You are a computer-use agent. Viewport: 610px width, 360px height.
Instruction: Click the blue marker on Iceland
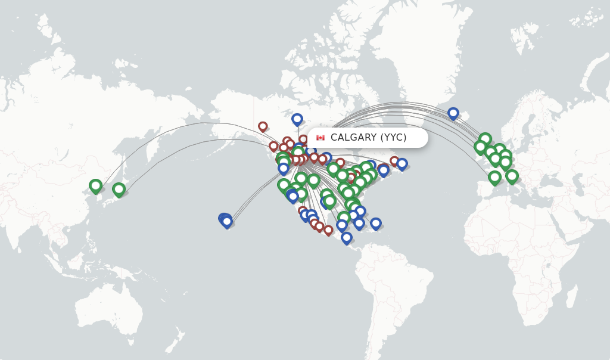(453, 113)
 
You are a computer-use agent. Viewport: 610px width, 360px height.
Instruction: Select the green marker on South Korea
(95, 185)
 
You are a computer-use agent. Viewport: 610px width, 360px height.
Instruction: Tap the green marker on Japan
(119, 189)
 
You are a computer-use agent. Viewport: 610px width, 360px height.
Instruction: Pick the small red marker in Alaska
(263, 126)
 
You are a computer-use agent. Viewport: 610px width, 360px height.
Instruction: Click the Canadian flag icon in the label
(320, 138)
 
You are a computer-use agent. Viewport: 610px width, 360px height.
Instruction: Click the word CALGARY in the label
(353, 138)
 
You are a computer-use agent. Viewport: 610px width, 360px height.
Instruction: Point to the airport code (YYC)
(393, 138)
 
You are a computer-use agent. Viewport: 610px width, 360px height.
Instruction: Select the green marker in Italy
(512, 175)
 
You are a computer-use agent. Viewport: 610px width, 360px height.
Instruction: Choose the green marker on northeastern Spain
(494, 176)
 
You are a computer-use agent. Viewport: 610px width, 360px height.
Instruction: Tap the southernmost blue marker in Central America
(347, 237)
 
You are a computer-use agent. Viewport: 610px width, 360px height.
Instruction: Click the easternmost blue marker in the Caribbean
(375, 223)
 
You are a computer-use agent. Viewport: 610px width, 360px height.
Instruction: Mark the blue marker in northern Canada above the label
(297, 119)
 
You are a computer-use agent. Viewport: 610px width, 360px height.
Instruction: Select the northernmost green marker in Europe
(485, 139)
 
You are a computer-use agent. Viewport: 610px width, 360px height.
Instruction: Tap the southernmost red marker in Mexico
(328, 229)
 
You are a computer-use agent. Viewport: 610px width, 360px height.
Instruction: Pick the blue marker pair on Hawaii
(226, 221)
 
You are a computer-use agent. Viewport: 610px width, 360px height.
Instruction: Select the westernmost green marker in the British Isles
(480, 146)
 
